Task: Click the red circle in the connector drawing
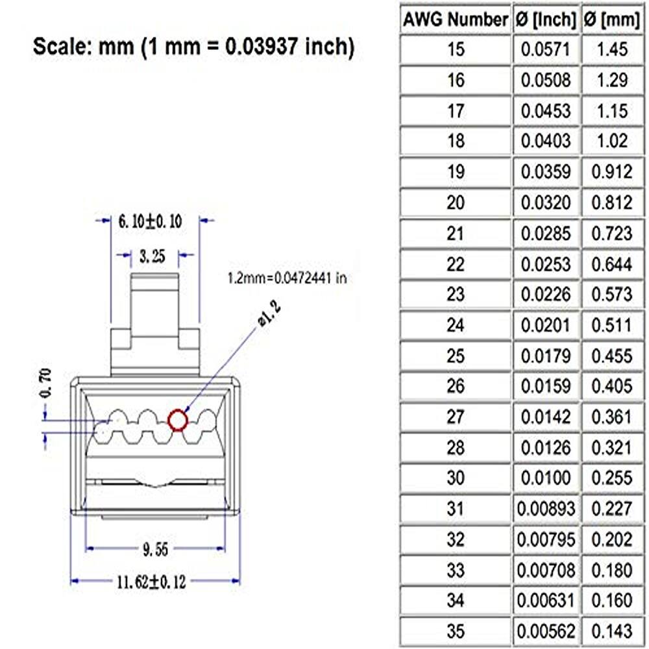pyautogui.click(x=178, y=421)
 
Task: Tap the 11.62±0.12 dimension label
pyautogui.click(x=151, y=582)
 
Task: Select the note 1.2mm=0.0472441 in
pyautogui.click(x=287, y=278)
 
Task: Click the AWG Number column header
pyautogui.click(x=455, y=20)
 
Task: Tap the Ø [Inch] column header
pyautogui.click(x=545, y=20)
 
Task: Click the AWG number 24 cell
pyautogui.click(x=456, y=324)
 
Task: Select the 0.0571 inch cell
pyautogui.click(x=545, y=49)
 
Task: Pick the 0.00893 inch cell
pyautogui.click(x=545, y=509)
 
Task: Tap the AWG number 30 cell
pyautogui.click(x=456, y=478)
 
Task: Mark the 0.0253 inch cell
pyautogui.click(x=545, y=264)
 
